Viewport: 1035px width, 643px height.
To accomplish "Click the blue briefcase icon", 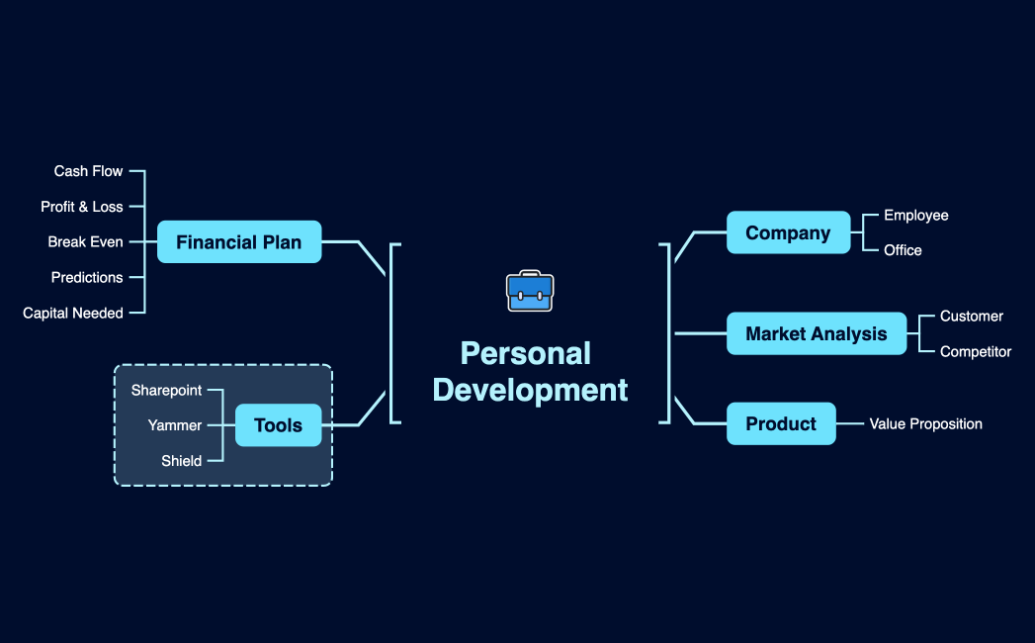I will coord(530,291).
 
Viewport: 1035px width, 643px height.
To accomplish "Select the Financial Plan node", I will coord(239,241).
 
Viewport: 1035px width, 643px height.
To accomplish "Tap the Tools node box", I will coord(278,425).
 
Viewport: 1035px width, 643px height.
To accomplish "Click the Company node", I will coord(788,232).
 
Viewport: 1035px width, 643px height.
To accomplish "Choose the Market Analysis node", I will coord(816,333).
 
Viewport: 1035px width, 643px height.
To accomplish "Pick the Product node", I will coord(781,423).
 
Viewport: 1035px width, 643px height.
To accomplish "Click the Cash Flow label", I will coord(89,171).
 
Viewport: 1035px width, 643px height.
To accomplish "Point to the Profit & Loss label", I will coord(82,207).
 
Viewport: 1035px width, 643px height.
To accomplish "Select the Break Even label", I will coord(86,241).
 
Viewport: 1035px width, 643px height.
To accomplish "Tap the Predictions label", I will coord(87,277).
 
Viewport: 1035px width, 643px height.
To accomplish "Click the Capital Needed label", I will coord(73,313).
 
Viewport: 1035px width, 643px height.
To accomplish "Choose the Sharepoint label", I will coord(166,390).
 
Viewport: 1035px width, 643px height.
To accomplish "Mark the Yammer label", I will coord(175,425).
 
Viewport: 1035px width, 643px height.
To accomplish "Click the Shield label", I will coord(182,461).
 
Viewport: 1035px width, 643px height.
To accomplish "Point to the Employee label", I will coord(916,215).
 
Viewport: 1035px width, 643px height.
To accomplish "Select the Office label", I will coord(903,250).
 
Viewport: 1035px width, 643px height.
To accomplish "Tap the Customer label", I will coord(972,316).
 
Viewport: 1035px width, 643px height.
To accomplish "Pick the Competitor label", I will coord(976,351).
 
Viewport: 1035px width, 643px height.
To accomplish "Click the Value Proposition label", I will coord(926,423).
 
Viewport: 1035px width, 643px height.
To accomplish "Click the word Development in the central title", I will coord(530,390).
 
